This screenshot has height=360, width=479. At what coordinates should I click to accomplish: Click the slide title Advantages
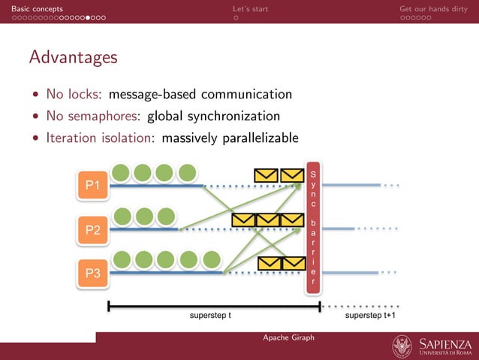click(x=73, y=57)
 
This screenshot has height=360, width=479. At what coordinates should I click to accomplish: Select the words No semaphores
click(x=93, y=116)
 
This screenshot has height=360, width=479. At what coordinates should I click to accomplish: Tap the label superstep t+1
click(x=371, y=316)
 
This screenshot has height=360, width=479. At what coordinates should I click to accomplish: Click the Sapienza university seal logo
click(x=402, y=346)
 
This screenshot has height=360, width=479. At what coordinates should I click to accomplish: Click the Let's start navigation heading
click(x=250, y=8)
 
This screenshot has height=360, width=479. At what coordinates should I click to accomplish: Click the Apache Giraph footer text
click(x=288, y=337)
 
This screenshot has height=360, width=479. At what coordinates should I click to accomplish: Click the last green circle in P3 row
click(x=212, y=261)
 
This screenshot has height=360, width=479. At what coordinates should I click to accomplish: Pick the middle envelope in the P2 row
click(x=267, y=220)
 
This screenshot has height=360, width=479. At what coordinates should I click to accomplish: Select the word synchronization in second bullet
click(x=233, y=116)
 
